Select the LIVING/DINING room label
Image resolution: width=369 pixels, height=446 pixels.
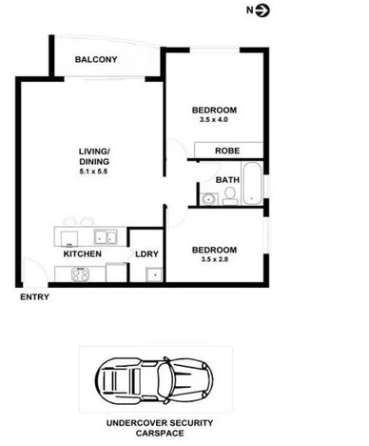click(94, 156)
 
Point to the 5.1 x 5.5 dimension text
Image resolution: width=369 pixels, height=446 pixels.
click(94, 171)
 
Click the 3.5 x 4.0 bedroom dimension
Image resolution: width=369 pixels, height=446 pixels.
click(213, 121)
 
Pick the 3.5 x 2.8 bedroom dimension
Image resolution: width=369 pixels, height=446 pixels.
click(213, 258)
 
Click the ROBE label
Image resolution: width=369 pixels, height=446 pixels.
click(226, 151)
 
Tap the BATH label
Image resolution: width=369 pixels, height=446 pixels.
click(226, 178)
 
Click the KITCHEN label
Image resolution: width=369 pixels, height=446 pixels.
click(83, 254)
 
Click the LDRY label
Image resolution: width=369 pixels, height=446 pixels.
click(146, 254)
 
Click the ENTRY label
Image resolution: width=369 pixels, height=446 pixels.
click(33, 298)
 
